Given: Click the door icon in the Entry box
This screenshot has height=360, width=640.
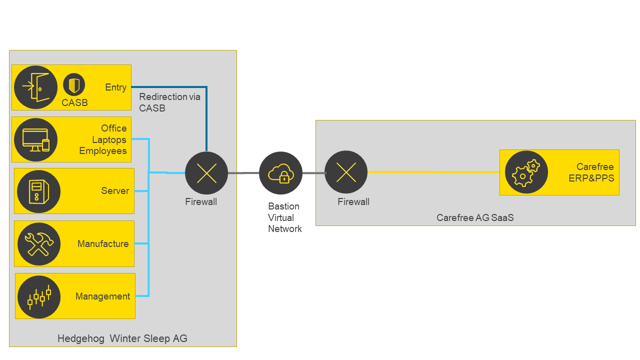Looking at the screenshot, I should click(x=35, y=87).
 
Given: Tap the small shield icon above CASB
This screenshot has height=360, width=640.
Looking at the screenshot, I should click(x=74, y=84).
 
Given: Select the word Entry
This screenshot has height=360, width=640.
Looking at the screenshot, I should click(x=115, y=87).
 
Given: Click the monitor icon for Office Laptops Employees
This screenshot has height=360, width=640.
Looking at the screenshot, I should click(x=35, y=140).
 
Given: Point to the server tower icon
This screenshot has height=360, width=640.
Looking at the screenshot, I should click(x=38, y=191).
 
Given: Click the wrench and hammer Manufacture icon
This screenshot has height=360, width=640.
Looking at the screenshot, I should click(x=39, y=244).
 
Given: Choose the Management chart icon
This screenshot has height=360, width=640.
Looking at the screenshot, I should click(x=39, y=296).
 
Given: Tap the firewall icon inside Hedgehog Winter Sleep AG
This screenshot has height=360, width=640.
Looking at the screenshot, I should click(x=206, y=173).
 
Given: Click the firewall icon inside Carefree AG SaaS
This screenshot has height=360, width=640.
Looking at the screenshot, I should click(x=346, y=172).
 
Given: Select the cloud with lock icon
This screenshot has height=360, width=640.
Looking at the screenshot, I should click(x=280, y=173).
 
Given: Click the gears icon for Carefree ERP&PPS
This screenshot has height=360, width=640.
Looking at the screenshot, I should click(x=526, y=172).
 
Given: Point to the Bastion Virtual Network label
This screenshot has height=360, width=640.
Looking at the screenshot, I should click(x=284, y=217).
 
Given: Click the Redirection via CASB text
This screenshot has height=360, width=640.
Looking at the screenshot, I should click(x=169, y=102).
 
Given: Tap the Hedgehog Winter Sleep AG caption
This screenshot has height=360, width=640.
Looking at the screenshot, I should click(x=122, y=338).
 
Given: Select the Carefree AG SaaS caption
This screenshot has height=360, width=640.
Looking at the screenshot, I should click(x=475, y=217).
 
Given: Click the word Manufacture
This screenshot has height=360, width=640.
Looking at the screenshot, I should click(x=103, y=244).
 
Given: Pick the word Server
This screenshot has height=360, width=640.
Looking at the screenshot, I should click(x=115, y=191).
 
